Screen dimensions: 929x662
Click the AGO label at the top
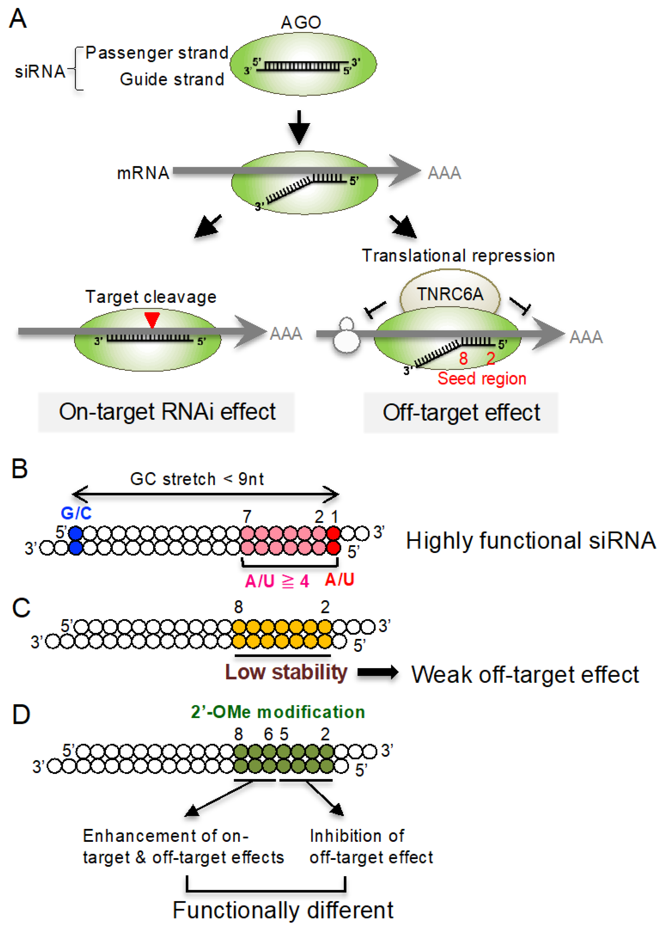click(x=300, y=22)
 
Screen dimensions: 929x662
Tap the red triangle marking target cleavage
click(x=152, y=319)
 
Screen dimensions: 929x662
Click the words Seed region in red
click(x=482, y=378)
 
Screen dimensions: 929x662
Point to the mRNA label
click(x=143, y=173)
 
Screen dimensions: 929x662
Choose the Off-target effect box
click(x=461, y=413)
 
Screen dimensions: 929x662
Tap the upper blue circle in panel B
click(x=75, y=533)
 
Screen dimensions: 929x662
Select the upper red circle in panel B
click(x=334, y=533)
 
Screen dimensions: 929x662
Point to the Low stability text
click(x=286, y=672)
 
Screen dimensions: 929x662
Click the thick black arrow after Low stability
click(x=378, y=672)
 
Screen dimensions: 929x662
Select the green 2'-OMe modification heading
click(x=278, y=712)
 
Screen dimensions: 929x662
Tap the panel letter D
click(x=21, y=714)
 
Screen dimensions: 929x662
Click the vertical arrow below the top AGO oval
click(x=299, y=127)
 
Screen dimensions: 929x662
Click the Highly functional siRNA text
click(x=530, y=541)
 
